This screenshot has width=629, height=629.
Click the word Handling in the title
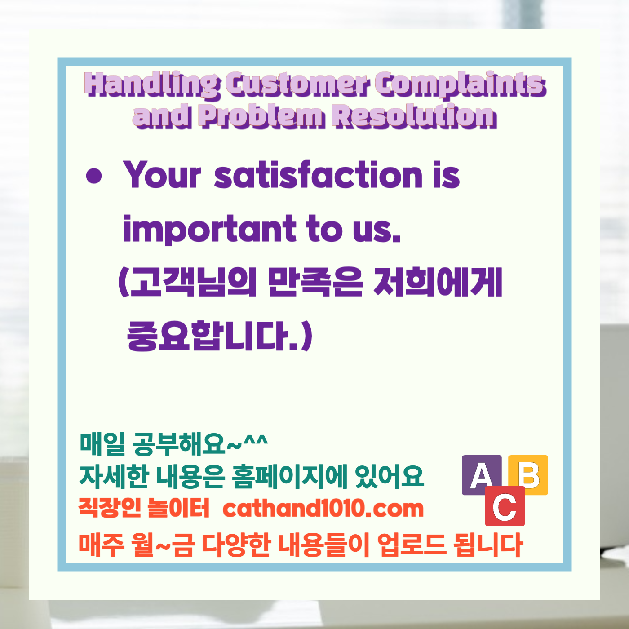click(152, 84)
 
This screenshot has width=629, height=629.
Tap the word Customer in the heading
click(297, 84)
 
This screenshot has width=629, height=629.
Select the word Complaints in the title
click(460, 84)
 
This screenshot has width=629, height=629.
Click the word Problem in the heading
click(261, 116)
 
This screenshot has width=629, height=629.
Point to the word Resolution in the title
click(414, 116)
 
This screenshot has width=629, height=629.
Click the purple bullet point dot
click(94, 176)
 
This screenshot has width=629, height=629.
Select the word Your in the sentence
click(162, 175)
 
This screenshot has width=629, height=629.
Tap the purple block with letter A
click(481, 474)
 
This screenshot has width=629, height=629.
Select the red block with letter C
click(505, 506)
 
